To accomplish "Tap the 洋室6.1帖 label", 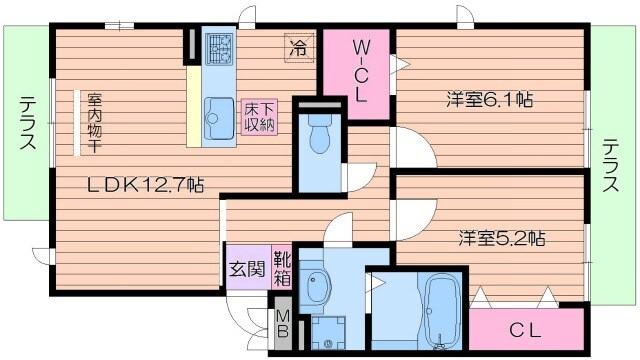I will pos(488,100).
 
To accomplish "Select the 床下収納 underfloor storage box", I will pos(258,116).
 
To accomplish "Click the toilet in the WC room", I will pos(320,134).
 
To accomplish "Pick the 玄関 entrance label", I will pos(245,269).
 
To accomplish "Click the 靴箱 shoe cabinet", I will pos(281,268).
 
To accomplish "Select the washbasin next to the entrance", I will pos(320,283).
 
